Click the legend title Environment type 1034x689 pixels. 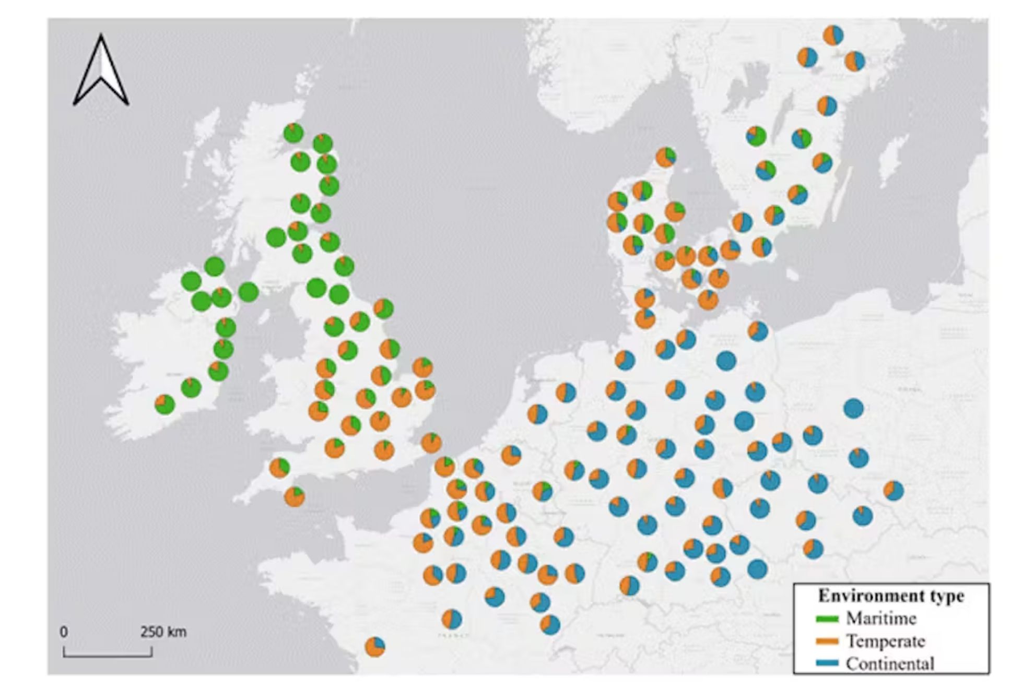(x=891, y=596)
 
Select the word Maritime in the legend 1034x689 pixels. (x=881, y=619)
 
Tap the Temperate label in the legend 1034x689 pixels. (x=885, y=641)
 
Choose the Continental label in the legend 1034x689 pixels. (x=890, y=663)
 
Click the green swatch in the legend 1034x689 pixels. (x=827, y=619)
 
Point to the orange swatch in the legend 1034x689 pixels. (x=827, y=642)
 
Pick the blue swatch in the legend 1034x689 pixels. (x=827, y=664)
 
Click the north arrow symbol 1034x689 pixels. (x=101, y=70)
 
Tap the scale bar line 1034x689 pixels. (x=108, y=655)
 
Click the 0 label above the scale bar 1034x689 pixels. (x=64, y=632)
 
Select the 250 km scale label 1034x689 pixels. (x=163, y=632)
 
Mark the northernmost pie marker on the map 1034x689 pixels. (x=833, y=35)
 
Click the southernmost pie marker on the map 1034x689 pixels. (x=375, y=647)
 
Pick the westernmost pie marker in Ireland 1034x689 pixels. (x=164, y=404)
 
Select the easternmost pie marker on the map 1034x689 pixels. (x=894, y=491)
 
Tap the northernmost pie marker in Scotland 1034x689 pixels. (x=293, y=133)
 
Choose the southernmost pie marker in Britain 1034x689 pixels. (x=295, y=497)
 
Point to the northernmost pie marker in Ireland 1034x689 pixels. (x=215, y=266)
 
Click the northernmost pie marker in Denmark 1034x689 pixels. (x=665, y=157)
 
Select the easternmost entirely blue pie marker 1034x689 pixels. (x=853, y=408)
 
